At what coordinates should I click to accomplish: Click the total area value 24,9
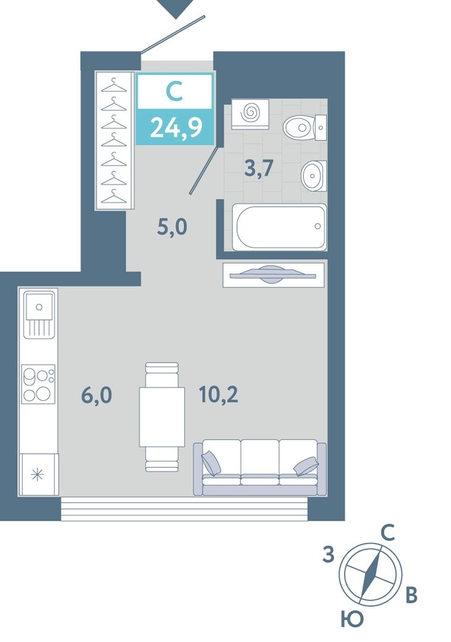tap(176, 127)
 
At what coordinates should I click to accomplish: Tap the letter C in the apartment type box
tap(174, 92)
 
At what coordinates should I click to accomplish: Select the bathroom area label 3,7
tap(258, 168)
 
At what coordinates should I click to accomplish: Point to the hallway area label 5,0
tap(172, 226)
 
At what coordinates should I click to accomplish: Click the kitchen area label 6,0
tap(96, 395)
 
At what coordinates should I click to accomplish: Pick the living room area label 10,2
tap(219, 395)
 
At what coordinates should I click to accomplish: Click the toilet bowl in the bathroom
tap(304, 127)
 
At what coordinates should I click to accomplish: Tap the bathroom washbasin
tap(314, 175)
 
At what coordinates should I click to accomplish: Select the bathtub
tap(279, 227)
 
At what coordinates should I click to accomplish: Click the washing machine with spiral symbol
tap(250, 114)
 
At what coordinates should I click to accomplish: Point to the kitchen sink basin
tap(39, 306)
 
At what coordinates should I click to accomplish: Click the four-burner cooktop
tap(39, 384)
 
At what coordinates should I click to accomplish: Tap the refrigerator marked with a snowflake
tap(39, 474)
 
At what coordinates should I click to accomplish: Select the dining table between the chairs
tap(162, 417)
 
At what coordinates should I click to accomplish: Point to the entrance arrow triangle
tap(176, 8)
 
